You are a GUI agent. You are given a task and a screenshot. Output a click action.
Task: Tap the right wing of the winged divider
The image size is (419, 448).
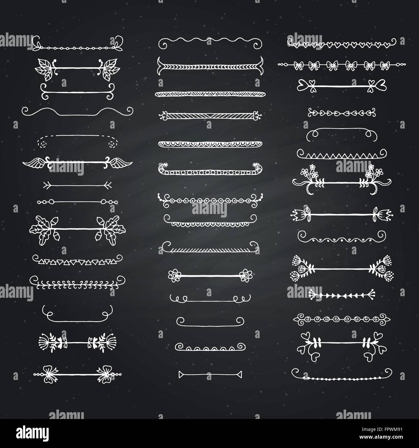pyautogui.click(x=120, y=163)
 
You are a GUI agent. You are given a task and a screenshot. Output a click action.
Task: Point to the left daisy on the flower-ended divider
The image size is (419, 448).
pyautogui.click(x=174, y=275)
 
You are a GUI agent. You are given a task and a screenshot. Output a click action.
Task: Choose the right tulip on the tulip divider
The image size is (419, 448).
pyautogui.click(x=385, y=213)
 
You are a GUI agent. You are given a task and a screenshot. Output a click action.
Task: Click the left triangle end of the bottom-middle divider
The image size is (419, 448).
pyautogui.click(x=181, y=375)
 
